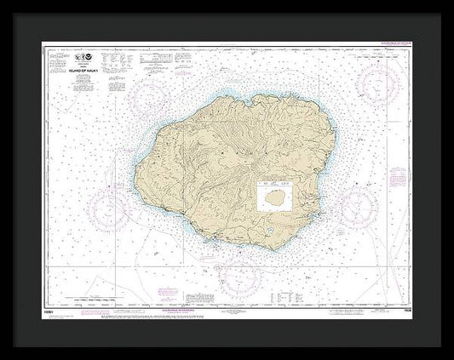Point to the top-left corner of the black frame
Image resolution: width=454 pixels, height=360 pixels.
click(x=3, y=3)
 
